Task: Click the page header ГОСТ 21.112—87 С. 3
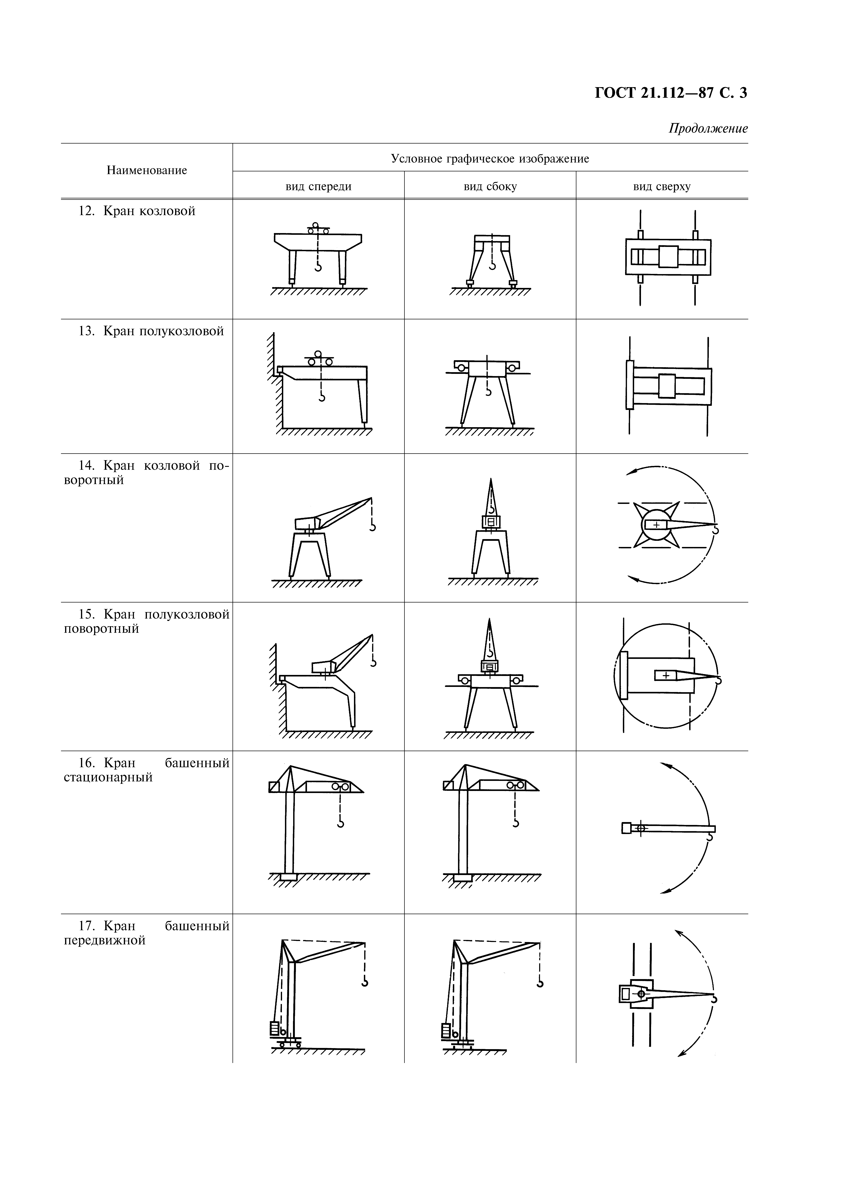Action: (671, 93)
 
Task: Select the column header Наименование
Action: (147, 170)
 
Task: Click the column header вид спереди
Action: (319, 186)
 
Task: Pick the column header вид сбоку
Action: (490, 186)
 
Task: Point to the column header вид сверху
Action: (662, 186)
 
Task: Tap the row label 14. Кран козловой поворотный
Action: (147, 473)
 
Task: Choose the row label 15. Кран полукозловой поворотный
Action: (147, 621)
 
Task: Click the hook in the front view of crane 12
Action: (317, 267)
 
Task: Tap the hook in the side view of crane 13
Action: (489, 392)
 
